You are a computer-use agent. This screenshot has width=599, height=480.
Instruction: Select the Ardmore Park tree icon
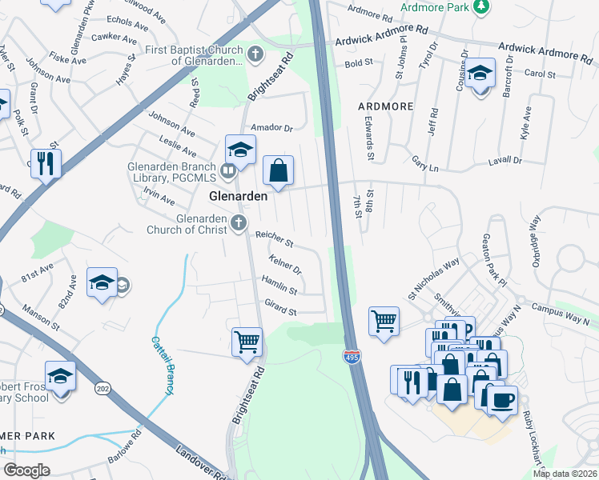(x=480, y=7)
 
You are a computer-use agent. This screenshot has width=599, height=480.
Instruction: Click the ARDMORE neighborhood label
(x=385, y=106)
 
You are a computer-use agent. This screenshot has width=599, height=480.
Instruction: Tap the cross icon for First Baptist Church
(x=255, y=55)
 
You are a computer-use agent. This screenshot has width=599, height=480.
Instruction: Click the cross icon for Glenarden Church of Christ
(x=238, y=225)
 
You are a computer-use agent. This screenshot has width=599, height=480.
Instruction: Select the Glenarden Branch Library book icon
(x=229, y=170)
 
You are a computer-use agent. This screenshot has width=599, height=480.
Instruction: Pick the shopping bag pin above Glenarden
(x=278, y=170)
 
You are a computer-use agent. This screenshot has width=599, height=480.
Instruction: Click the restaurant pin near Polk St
(x=46, y=164)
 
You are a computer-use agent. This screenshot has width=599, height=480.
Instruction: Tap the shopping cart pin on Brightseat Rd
(x=247, y=342)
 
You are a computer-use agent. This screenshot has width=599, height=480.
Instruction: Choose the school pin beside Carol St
(x=480, y=74)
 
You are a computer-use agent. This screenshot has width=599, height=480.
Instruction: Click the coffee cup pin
(x=502, y=399)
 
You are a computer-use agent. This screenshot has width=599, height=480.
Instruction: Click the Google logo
(x=26, y=470)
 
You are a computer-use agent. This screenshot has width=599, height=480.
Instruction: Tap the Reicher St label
(x=274, y=238)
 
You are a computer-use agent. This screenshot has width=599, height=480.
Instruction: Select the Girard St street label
(x=281, y=307)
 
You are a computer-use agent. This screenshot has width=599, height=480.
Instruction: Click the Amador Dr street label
(x=272, y=127)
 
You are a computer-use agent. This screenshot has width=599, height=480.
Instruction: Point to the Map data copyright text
(x=565, y=474)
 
